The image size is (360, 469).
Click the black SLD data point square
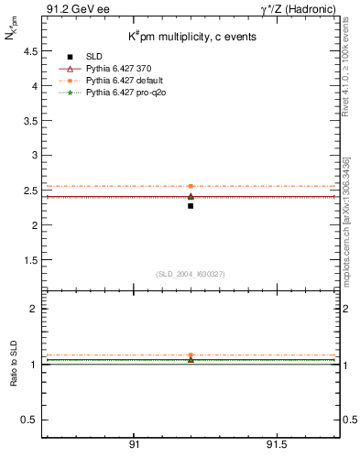[x=191, y=206]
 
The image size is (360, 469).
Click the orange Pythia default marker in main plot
[x=191, y=186]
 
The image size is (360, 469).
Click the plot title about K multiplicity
[x=191, y=37]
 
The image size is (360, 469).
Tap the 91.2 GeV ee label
[x=71, y=10]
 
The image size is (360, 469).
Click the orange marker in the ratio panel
[x=191, y=355]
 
